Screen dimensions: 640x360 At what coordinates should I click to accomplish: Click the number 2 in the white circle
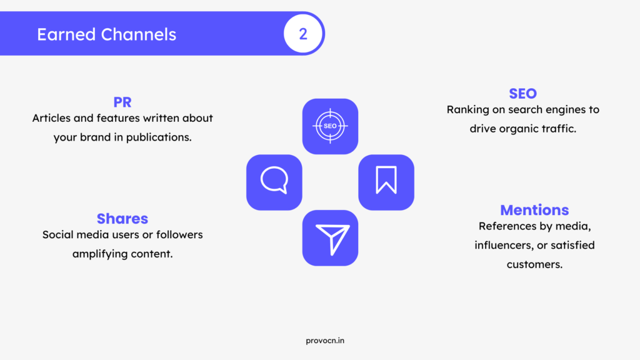click(303, 34)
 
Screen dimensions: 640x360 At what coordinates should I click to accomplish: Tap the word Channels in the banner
click(139, 35)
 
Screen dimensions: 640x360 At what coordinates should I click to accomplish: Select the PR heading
click(122, 102)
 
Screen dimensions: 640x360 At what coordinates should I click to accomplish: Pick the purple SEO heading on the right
click(523, 94)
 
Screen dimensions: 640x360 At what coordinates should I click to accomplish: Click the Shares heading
click(122, 219)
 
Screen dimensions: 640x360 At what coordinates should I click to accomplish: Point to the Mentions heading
click(534, 210)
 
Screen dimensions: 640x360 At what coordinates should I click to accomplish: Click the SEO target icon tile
click(330, 126)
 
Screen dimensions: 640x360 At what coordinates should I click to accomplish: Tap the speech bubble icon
click(274, 181)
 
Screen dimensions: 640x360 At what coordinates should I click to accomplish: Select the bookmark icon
click(386, 179)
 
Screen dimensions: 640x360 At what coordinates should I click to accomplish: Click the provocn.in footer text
click(325, 341)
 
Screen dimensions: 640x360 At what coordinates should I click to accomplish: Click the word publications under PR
click(159, 137)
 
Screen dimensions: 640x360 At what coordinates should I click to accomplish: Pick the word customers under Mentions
click(534, 264)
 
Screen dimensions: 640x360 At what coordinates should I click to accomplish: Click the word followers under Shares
click(179, 235)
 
